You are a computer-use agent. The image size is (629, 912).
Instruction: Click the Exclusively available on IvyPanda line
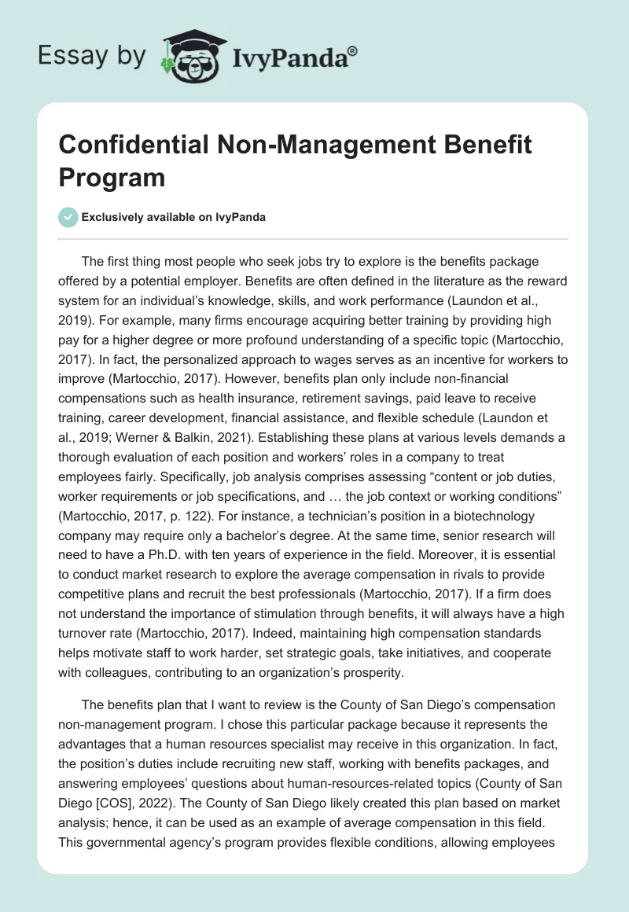[x=172, y=217]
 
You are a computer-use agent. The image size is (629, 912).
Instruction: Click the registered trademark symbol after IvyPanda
[x=353, y=50]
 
